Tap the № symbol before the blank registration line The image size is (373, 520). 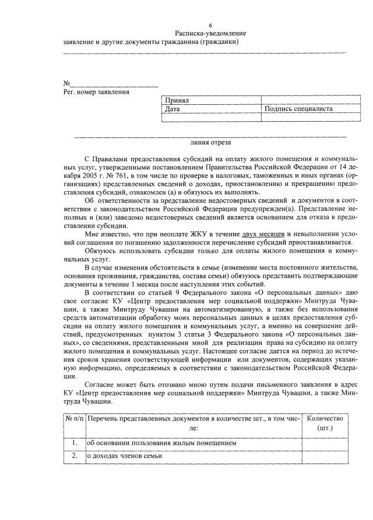(x=67, y=83)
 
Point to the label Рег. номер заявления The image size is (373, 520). (x=96, y=92)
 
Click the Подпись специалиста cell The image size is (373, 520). (x=298, y=108)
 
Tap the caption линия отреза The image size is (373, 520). (x=210, y=142)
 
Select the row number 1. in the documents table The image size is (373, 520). (x=74, y=443)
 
